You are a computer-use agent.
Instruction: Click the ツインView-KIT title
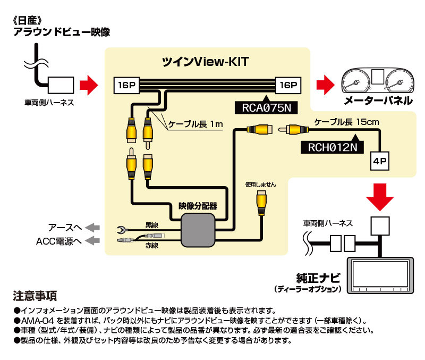tap(206, 62)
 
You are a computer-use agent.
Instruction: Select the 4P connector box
tap(380, 160)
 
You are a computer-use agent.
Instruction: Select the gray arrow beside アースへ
tap(93, 227)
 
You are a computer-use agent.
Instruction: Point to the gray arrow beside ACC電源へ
tap(93, 241)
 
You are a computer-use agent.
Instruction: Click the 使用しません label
tap(260, 185)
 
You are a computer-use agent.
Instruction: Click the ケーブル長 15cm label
tap(346, 122)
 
